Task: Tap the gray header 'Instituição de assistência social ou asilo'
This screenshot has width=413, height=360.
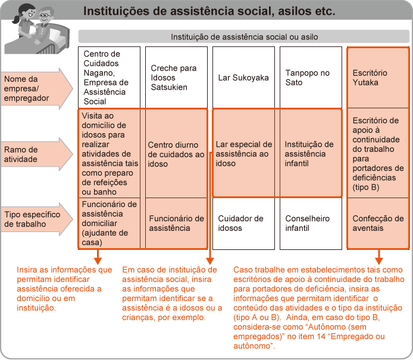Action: coord(244,36)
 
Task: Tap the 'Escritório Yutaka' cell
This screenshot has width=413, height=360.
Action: coord(378,77)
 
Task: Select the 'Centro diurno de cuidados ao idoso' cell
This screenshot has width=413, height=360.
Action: coord(176,154)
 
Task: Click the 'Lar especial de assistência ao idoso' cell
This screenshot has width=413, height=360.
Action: coord(244,154)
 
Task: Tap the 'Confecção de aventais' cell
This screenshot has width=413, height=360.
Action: coord(378,223)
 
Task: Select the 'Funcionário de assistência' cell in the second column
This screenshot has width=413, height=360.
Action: coord(176,223)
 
